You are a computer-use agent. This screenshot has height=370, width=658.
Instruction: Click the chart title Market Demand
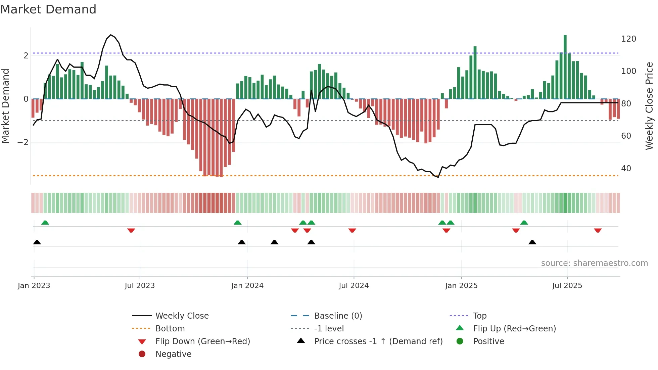48,9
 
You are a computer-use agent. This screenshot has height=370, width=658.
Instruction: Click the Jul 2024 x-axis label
354,286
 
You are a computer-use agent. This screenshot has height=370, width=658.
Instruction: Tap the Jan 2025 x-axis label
461,286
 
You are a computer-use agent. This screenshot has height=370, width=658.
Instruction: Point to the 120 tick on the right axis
628,39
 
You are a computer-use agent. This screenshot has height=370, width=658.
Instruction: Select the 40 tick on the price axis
626,169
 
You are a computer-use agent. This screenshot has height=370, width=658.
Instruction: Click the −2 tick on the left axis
23,142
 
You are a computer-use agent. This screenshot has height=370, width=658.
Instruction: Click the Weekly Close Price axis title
649,106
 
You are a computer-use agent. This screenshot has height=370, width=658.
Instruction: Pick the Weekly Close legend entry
182,316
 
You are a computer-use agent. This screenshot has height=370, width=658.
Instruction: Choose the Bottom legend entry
170,329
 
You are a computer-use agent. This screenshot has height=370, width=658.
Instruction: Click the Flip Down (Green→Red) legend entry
202,341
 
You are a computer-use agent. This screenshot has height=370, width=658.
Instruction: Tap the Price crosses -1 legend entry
378,341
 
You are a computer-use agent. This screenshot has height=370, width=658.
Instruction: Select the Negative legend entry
173,354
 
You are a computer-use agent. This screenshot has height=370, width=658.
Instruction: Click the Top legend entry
480,316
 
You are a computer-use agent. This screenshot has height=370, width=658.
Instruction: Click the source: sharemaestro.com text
594,263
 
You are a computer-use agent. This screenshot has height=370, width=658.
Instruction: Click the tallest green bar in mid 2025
565,67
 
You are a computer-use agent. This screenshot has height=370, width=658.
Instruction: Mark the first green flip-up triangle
45,223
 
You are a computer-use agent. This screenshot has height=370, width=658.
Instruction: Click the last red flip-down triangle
598,230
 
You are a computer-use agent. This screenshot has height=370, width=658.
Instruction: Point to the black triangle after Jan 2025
532,242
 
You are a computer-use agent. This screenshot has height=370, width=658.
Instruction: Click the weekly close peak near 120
111,35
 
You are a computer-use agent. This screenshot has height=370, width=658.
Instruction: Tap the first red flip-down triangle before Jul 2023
131,230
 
